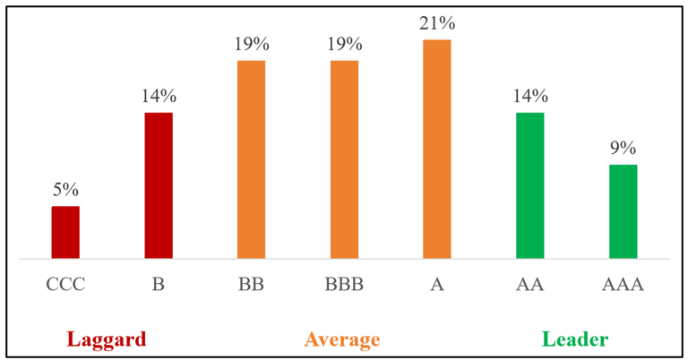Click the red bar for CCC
pos(65,233)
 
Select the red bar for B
pos(159,185)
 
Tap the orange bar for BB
pos(251,159)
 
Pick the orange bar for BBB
pos(344,159)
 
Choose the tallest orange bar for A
pos(437,149)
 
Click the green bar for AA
pos(529,185)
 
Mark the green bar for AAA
pos(623,211)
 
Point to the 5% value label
pos(65,189)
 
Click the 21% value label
pos(437,22)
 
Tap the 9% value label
pos(623,148)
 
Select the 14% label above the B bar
pos(159,96)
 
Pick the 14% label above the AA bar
pos(529,96)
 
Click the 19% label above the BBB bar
pos(344,43)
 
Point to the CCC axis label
pos(65,286)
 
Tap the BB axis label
pos(251,286)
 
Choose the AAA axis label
pos(623,286)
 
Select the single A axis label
pos(437,286)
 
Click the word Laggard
pos(106,339)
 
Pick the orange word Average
pos(342,339)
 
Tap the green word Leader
pos(574,339)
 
